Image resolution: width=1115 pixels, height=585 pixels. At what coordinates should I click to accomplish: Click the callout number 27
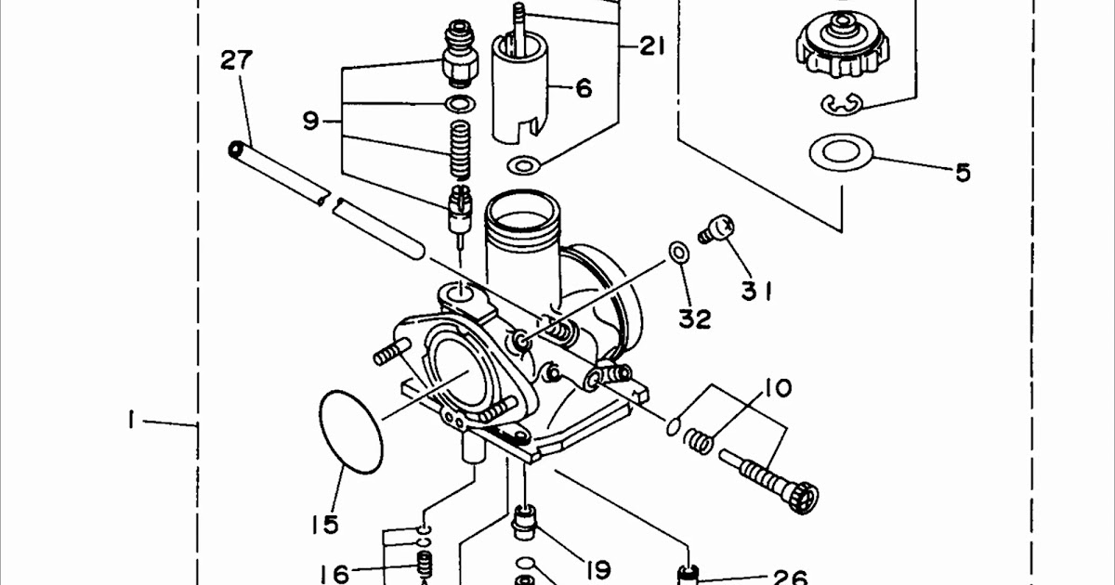[x=237, y=59]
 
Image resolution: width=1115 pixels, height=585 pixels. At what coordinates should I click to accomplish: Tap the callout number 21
[x=652, y=47]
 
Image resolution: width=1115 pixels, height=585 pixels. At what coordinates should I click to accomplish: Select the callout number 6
[x=584, y=88]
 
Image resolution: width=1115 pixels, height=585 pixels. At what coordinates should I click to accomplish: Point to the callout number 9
[x=310, y=121]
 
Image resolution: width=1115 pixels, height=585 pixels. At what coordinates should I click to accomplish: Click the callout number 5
[x=964, y=173]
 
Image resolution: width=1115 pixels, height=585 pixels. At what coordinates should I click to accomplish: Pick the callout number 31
[x=756, y=291]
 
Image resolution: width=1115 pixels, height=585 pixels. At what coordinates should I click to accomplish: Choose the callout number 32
[x=695, y=318]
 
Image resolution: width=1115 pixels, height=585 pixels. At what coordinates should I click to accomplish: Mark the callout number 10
[x=778, y=388]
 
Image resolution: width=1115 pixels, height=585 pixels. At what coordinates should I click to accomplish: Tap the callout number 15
[x=325, y=525]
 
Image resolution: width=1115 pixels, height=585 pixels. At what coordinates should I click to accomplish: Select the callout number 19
[x=597, y=569]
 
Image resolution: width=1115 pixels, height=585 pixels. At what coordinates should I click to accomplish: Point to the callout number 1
[x=131, y=420]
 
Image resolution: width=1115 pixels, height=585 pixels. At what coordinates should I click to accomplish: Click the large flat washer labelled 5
[x=841, y=152]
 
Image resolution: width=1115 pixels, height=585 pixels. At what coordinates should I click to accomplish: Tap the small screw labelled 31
[x=716, y=228]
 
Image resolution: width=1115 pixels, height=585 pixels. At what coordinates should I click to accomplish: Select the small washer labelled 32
[x=678, y=252]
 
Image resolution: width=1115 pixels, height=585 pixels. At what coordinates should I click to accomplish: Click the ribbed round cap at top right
[x=842, y=45]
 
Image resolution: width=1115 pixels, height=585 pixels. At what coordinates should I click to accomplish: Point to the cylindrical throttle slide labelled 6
[x=520, y=89]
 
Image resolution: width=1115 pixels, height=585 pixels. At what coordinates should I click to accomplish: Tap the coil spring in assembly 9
[x=461, y=149]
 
